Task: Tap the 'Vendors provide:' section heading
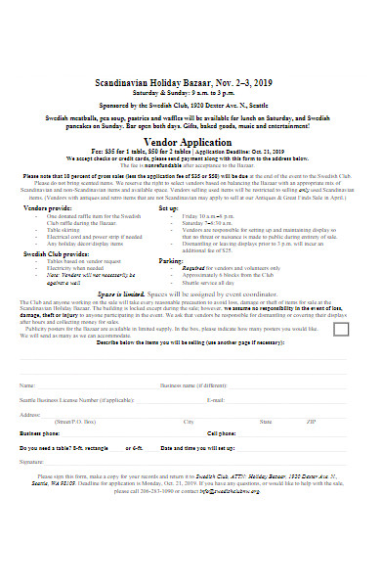47,207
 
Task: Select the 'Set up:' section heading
168,207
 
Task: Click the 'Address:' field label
30,414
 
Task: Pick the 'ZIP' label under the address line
311,422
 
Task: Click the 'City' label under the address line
189,422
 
